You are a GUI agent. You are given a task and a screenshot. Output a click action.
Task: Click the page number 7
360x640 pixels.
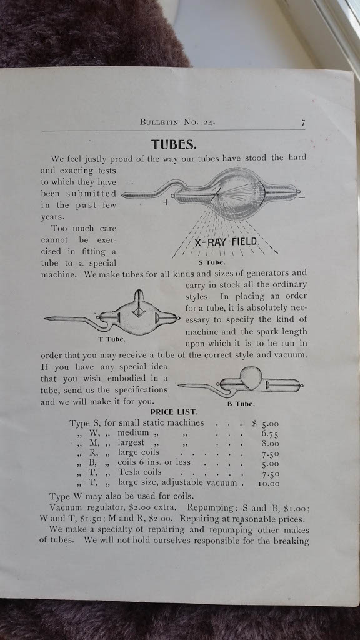click(x=303, y=122)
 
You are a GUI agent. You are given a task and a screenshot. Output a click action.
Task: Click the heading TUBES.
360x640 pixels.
click(x=174, y=144)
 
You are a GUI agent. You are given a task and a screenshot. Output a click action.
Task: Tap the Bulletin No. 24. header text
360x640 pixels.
click(x=177, y=122)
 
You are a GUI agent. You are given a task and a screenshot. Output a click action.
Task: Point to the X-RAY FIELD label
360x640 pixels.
click(x=226, y=243)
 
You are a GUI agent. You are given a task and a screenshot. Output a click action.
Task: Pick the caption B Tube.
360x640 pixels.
click(x=241, y=404)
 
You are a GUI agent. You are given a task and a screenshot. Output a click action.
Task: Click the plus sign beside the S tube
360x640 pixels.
click(x=166, y=202)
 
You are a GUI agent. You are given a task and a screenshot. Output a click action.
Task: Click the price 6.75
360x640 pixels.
click(x=270, y=434)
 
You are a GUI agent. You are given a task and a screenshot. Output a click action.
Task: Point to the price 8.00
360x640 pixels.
click(x=270, y=444)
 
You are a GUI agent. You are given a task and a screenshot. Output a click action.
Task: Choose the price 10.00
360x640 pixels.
click(x=269, y=484)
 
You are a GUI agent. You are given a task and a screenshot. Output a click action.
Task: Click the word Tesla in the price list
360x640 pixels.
click(x=129, y=472)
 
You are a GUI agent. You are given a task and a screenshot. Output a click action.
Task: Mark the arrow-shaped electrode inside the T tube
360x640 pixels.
click(x=139, y=306)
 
